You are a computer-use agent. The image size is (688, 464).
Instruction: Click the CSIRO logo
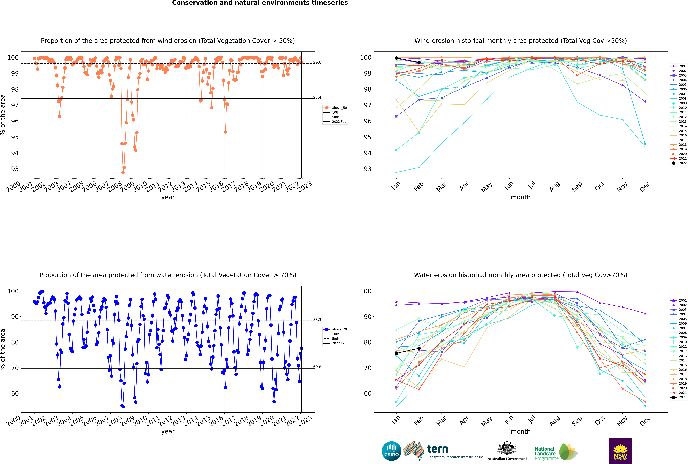point(391,451)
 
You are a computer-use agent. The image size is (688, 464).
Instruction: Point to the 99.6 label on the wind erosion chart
point(317,62)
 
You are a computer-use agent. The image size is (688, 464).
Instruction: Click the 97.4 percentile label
point(317,97)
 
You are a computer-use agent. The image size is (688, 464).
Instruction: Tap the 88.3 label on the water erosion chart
point(317,320)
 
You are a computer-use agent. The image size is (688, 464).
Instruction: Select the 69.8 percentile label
point(317,367)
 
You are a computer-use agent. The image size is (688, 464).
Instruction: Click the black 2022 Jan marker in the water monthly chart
point(396,353)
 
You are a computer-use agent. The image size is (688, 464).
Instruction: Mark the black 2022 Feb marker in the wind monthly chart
point(419,62)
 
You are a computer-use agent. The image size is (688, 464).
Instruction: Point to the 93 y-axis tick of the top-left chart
point(15,169)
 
